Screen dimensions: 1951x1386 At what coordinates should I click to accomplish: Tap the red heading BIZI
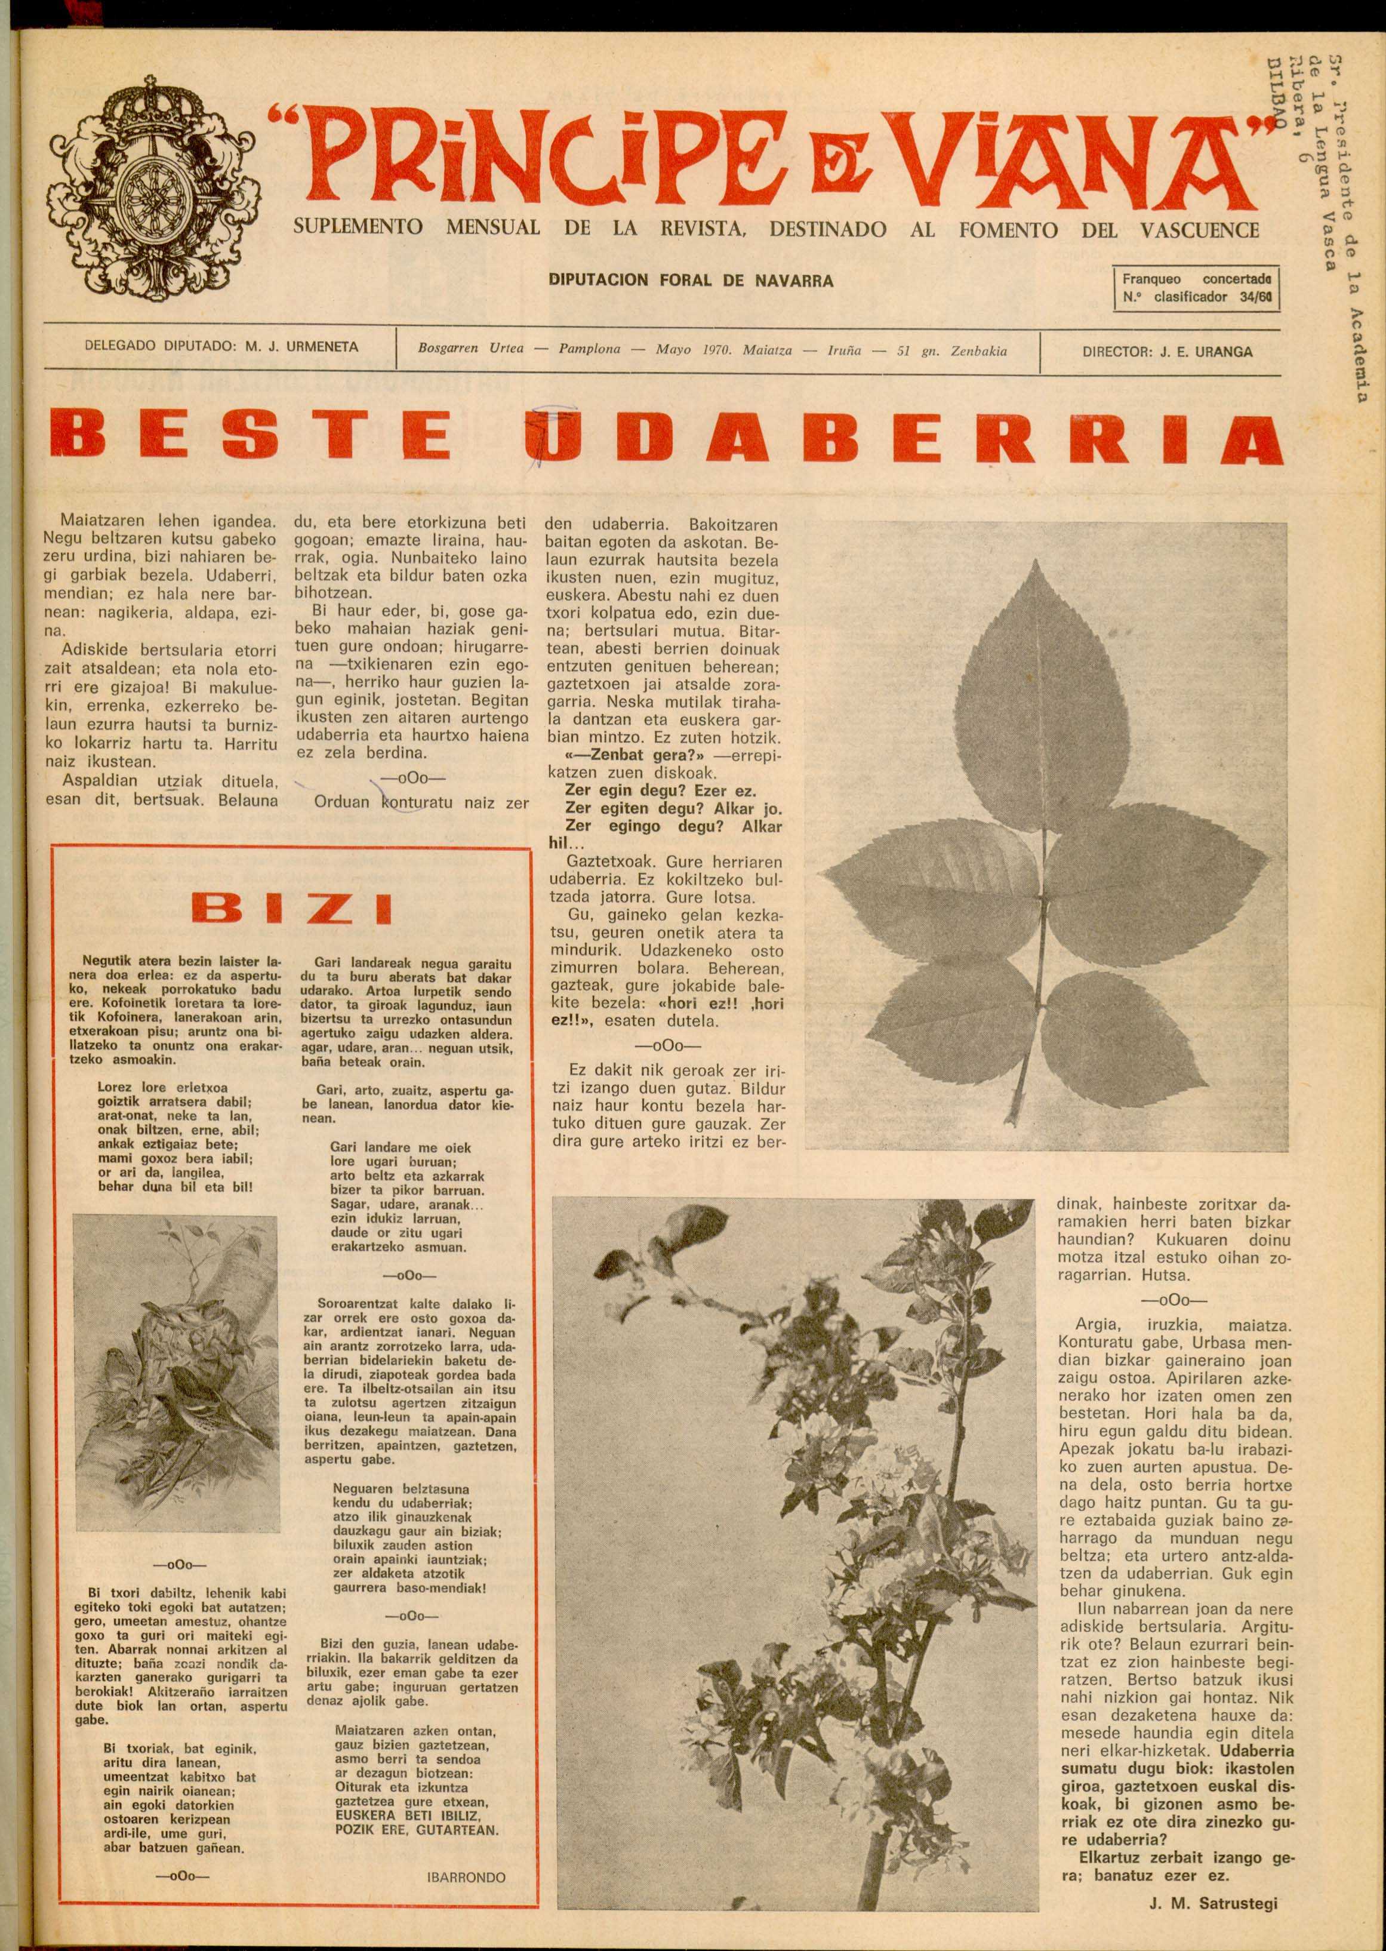click(x=292, y=908)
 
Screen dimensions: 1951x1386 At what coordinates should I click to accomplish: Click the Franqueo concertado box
click(x=1197, y=288)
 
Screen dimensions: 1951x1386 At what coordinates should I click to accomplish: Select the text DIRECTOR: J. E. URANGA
click(x=1167, y=351)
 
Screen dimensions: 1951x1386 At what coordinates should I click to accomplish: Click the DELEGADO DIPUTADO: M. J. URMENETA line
click(x=222, y=347)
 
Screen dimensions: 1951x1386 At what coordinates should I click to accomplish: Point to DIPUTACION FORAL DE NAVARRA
click(x=691, y=280)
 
